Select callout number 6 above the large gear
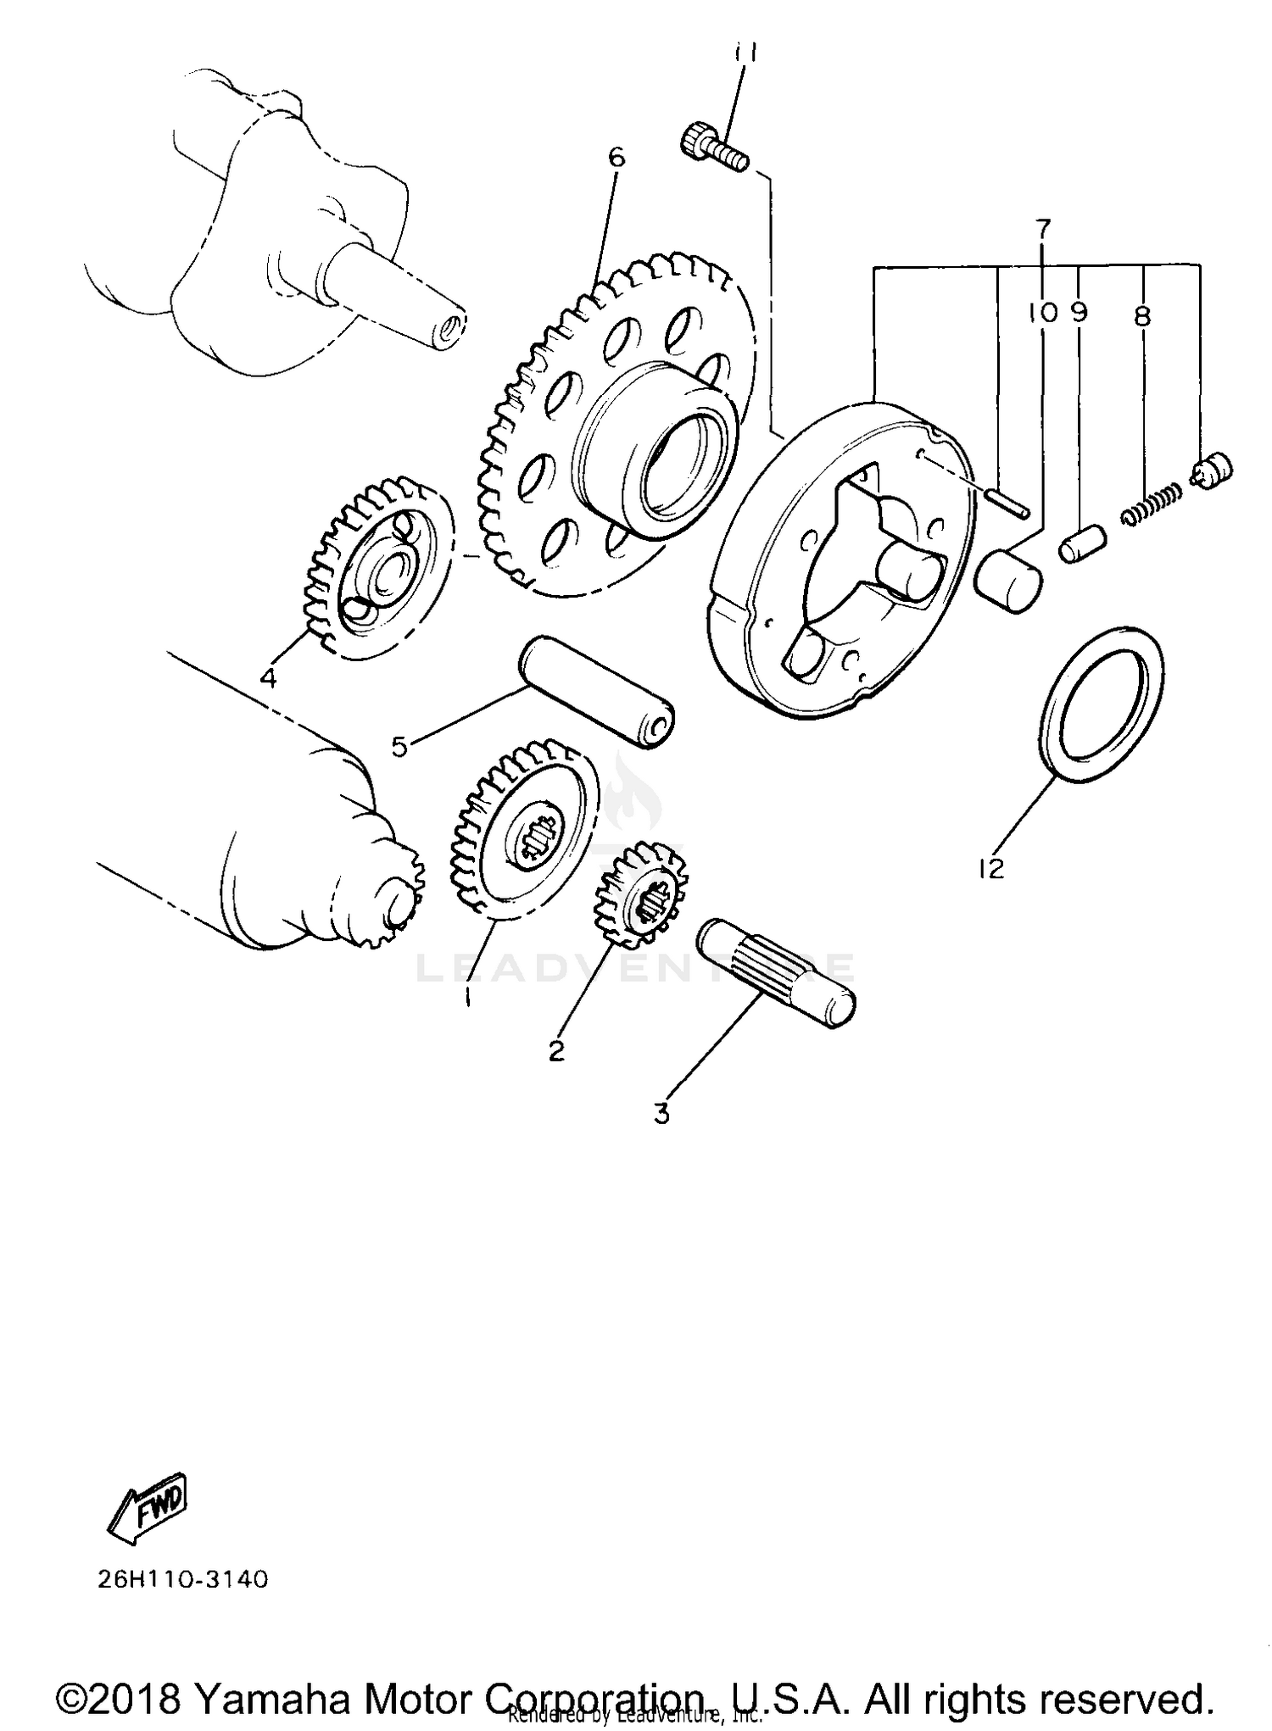[x=616, y=157]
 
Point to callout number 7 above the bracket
[x=1043, y=227]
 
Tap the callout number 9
[x=1079, y=313]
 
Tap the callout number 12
[x=990, y=868]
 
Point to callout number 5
[x=399, y=747]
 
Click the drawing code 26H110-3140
[x=183, y=1580]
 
